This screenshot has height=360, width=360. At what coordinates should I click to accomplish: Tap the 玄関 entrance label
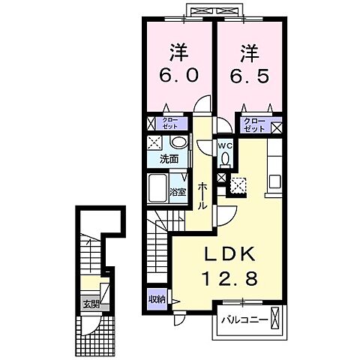point(91,305)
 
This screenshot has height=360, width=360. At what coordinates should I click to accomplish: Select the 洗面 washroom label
point(169,159)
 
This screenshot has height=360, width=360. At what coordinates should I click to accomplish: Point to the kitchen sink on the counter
point(274,181)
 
